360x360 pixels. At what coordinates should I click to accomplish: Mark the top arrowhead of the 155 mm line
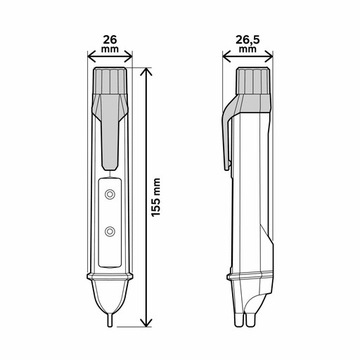click(148, 73)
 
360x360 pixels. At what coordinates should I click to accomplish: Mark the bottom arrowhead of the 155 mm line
click(148, 322)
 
